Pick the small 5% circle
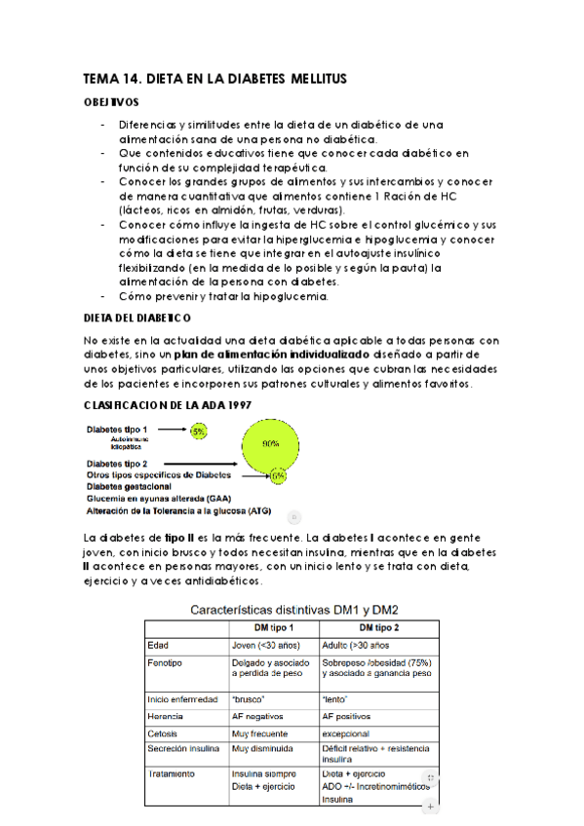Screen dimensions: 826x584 (199, 430)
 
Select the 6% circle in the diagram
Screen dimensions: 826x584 (279, 476)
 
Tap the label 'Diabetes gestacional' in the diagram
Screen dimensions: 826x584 (129, 486)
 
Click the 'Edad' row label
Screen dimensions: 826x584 (158, 645)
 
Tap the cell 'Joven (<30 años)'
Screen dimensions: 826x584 (264, 645)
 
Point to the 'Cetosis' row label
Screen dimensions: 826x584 (163, 732)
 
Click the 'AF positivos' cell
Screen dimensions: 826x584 (347, 716)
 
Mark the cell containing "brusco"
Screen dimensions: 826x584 (251, 698)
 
